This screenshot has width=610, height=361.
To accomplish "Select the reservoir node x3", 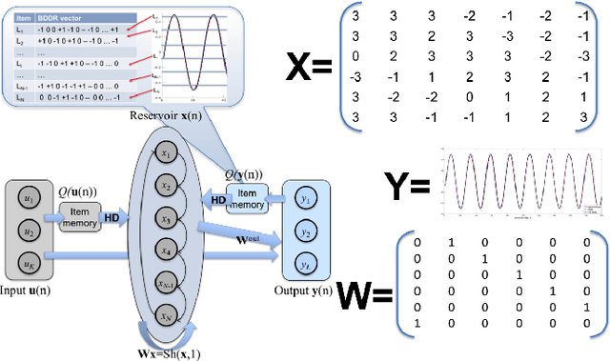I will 167,220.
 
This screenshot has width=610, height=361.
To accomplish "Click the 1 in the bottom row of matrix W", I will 417,325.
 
